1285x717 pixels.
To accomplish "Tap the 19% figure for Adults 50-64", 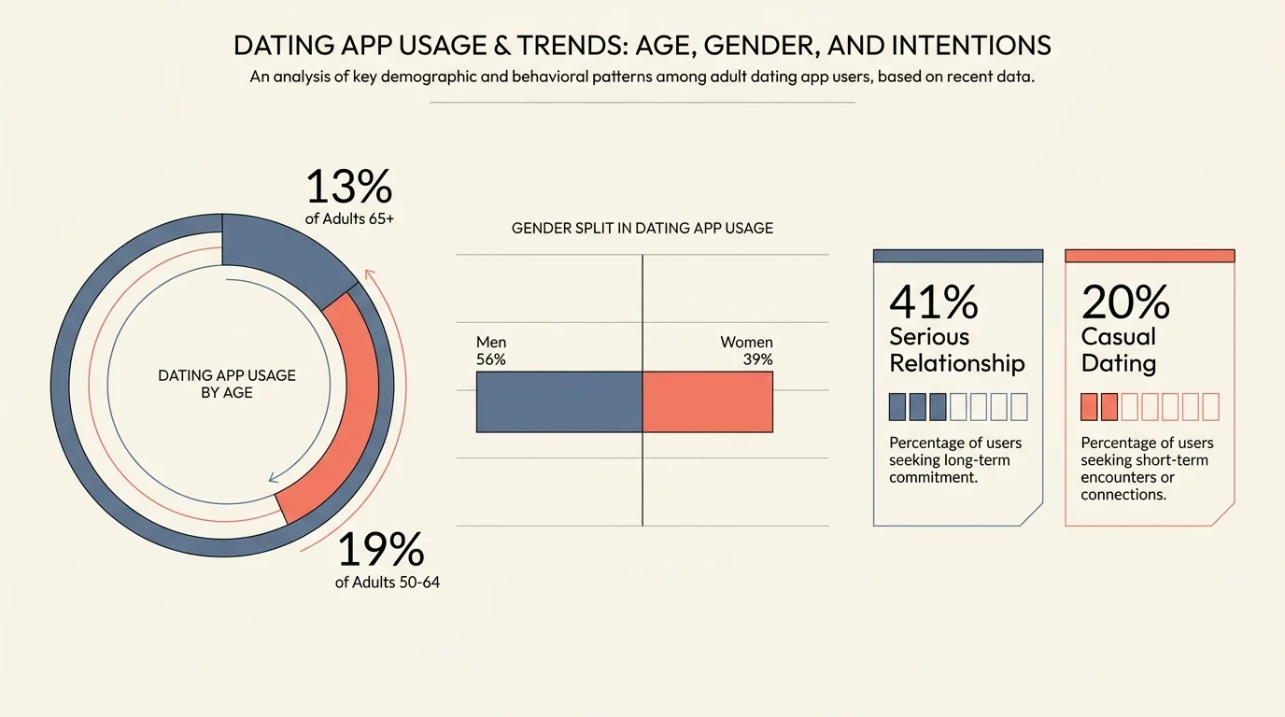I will [x=380, y=550].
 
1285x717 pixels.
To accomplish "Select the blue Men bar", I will [x=558, y=401].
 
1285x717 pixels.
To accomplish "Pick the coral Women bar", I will [x=708, y=401].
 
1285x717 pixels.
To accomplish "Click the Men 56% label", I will [x=491, y=351].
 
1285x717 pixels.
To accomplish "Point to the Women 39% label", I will [x=746, y=351].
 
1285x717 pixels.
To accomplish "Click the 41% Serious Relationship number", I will [x=933, y=302].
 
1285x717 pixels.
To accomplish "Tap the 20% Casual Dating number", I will [x=1125, y=302].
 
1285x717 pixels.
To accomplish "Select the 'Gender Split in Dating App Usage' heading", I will [x=642, y=228].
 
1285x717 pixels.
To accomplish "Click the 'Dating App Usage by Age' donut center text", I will [x=227, y=384].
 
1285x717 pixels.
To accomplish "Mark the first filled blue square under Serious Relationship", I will [x=897, y=407].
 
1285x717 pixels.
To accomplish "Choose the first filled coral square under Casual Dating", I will [x=1089, y=407].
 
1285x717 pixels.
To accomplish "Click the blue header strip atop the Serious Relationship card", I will [x=957, y=255].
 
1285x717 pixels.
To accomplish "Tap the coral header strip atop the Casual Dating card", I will [x=1150, y=255].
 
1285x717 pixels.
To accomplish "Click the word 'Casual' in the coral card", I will [x=1119, y=336].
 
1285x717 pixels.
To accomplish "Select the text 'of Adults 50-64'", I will [x=387, y=583].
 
